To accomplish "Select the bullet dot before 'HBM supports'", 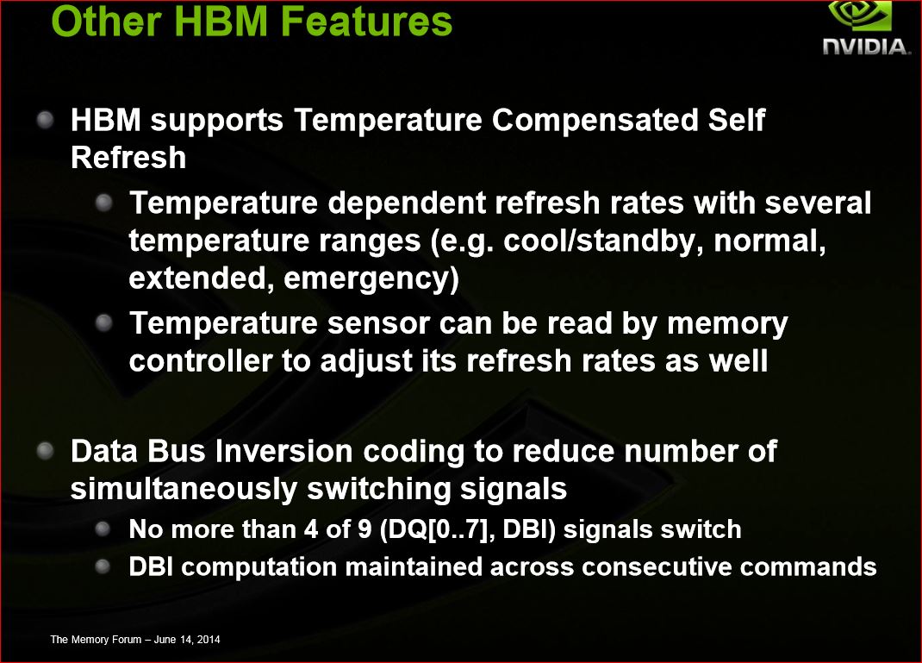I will pos(47,119).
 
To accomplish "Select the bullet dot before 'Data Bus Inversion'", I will pos(47,450).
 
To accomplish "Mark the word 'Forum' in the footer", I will pos(121,639).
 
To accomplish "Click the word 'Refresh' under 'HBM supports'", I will pos(128,158).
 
